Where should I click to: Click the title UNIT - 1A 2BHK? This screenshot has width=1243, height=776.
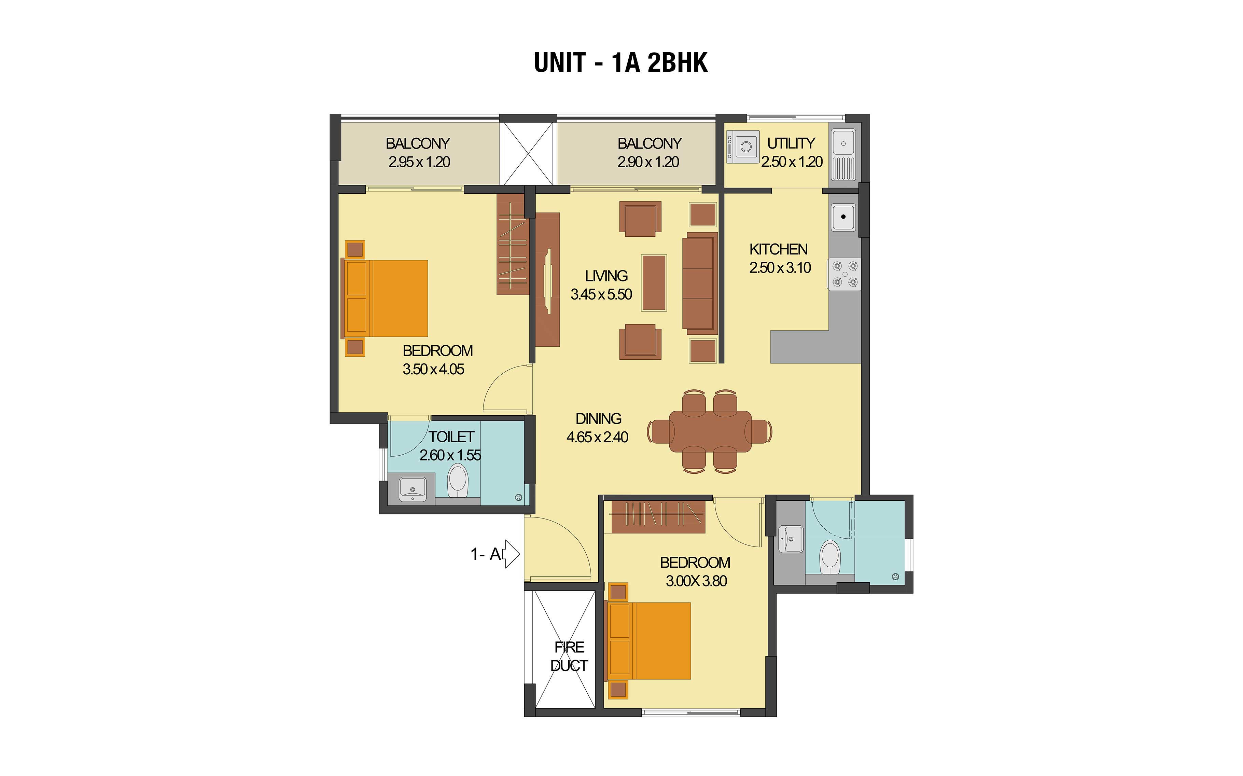tap(621, 63)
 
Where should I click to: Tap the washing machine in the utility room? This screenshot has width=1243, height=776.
tap(743, 147)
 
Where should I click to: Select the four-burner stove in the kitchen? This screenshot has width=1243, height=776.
tap(844, 274)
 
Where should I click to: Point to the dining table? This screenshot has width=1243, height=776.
tap(710, 431)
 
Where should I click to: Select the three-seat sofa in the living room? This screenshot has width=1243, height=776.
tap(700, 283)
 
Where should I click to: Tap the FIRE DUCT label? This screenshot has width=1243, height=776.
tap(569, 656)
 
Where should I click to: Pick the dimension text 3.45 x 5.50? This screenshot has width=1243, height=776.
tap(601, 295)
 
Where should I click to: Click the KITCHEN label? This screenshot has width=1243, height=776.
tap(778, 249)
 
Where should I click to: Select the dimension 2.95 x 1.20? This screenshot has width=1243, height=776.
tap(419, 162)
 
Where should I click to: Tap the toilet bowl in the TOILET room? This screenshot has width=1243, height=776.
tap(458, 481)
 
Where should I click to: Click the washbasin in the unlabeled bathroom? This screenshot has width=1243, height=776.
tap(791, 539)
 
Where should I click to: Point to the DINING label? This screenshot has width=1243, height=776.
tap(598, 419)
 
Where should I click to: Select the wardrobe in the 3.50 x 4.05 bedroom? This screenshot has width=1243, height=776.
tap(513, 244)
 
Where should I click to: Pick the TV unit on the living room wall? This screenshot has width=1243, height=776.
tap(547, 280)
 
